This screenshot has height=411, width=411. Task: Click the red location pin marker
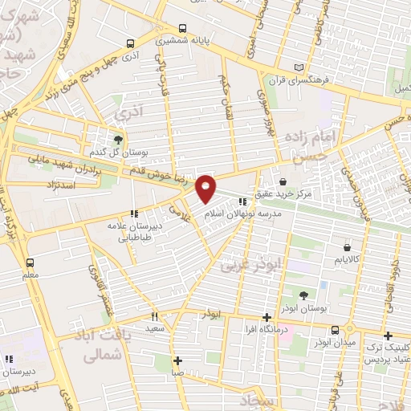(206, 188)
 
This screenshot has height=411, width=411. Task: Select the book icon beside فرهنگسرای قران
(299, 68)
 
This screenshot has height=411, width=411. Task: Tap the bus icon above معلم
(31, 262)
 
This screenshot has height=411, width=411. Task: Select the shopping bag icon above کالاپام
(347, 247)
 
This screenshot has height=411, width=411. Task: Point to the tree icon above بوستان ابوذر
(303, 296)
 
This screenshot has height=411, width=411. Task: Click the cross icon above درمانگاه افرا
(267, 317)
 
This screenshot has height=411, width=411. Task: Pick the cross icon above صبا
(177, 360)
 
